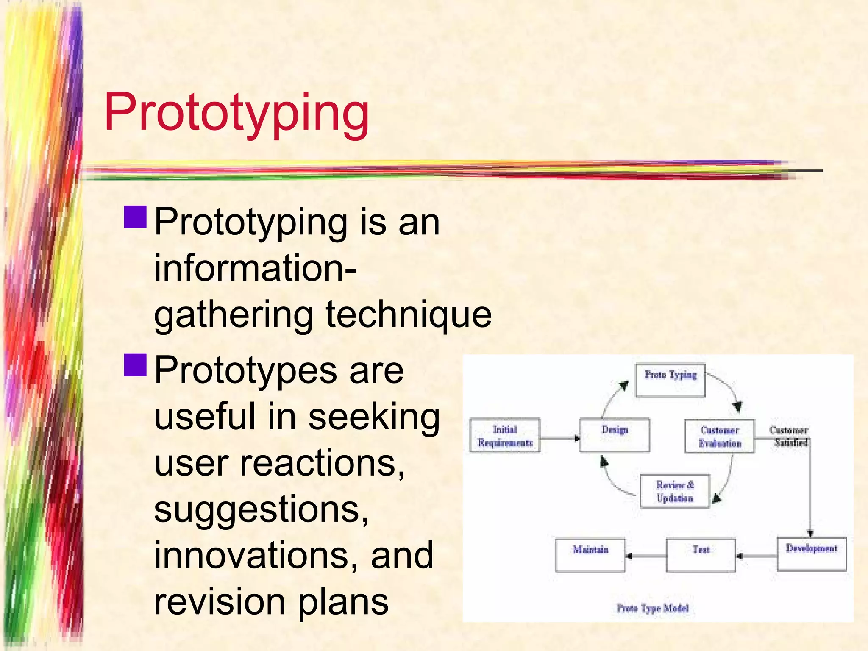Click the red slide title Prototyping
236,113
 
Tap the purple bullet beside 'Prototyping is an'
135,217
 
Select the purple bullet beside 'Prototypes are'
135,365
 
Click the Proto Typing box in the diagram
670,380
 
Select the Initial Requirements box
505,436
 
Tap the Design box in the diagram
614,435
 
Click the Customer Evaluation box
720,437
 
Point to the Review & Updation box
674,491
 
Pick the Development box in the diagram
811,554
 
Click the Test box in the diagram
701,555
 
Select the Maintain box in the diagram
590,555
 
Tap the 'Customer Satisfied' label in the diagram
789,436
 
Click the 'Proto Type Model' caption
652,608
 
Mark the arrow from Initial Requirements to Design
559,438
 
